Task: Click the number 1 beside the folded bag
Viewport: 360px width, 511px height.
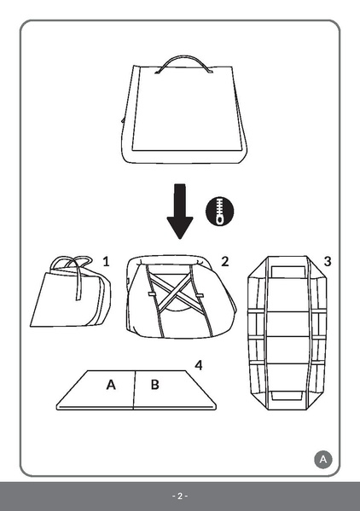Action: point(106,261)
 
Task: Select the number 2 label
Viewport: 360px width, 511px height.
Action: point(224,261)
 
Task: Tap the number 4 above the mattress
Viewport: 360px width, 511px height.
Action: point(198,365)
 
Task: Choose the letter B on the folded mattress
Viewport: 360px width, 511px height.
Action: point(154,385)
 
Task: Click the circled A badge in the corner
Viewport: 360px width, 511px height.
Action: point(322,459)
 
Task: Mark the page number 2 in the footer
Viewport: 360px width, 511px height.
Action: point(180,496)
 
